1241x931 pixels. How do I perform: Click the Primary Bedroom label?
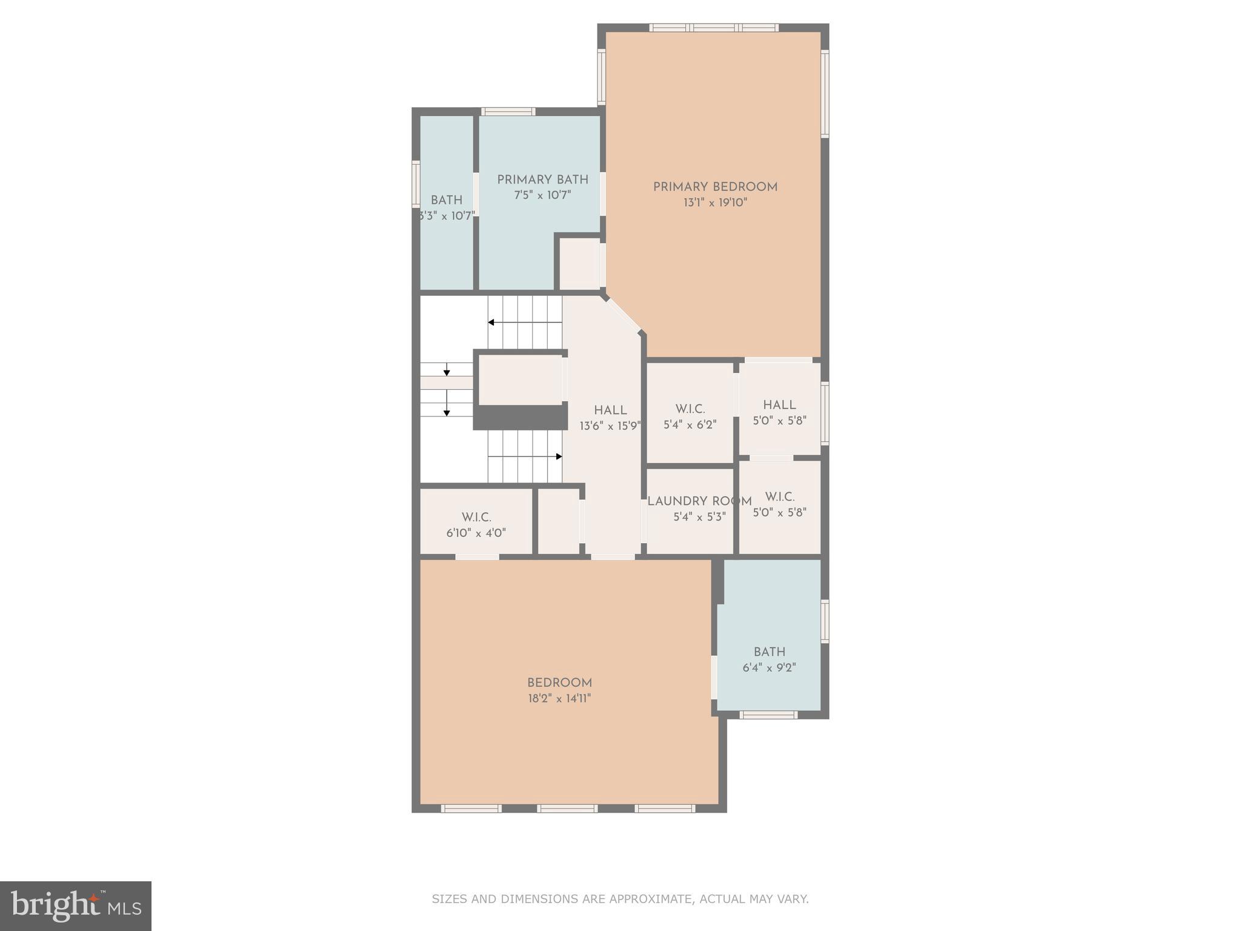tap(715, 187)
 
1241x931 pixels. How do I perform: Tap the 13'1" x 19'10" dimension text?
tap(715, 202)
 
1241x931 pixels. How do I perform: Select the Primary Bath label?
tap(542, 180)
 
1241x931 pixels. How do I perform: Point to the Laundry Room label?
tap(699, 502)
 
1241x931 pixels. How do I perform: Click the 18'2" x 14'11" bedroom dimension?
tap(559, 698)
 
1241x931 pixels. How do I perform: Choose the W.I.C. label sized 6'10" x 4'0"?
tap(476, 518)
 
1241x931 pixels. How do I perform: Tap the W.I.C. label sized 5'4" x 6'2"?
tap(690, 409)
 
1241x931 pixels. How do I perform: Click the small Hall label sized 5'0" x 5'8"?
tap(779, 405)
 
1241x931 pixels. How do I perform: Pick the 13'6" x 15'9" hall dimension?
tap(610, 426)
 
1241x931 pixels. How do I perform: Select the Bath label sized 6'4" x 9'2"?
tap(770, 652)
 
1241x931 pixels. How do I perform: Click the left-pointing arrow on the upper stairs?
tap(491, 322)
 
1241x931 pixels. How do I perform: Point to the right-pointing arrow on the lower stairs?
tap(558, 456)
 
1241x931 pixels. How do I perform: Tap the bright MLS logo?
tap(76, 906)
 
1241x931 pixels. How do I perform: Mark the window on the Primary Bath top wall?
tap(508, 112)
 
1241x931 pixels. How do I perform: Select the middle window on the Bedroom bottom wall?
tap(567, 808)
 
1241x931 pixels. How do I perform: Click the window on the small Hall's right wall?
tap(825, 414)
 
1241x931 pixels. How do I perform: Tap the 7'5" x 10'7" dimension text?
tap(542, 195)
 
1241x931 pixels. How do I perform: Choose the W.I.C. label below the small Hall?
tap(779, 497)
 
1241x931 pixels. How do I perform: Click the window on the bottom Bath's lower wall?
tap(769, 715)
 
